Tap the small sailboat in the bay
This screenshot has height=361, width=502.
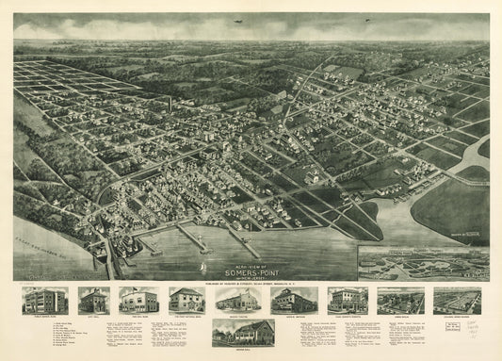tap(201, 268)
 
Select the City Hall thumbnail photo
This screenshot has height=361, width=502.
tap(94, 301)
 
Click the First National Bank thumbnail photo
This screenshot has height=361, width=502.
tap(186, 301)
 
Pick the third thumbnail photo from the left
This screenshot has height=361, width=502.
tap(139, 301)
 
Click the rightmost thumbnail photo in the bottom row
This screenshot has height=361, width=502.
tap(457, 301)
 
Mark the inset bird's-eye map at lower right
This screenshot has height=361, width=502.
tap(423, 262)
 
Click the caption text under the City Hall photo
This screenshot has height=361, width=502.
tap(94, 318)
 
